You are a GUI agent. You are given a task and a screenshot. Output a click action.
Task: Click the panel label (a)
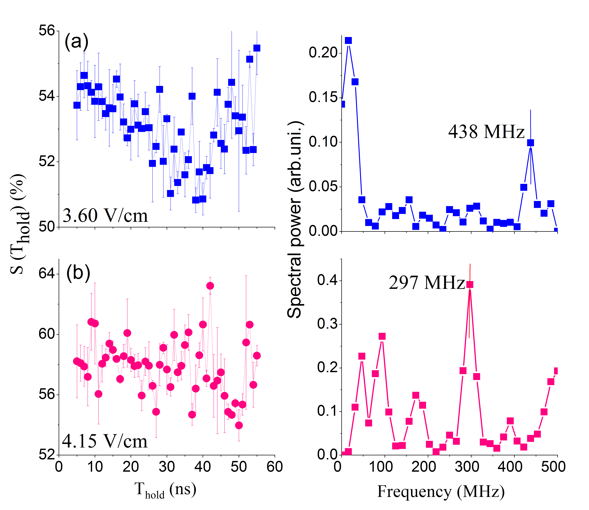(76, 42)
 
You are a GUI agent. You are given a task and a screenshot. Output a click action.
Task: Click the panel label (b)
(78, 273)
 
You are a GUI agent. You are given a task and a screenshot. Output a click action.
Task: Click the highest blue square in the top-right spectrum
(348, 41)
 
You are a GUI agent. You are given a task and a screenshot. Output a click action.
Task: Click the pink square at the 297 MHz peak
(470, 284)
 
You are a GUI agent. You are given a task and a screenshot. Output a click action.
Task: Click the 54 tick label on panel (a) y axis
(46, 96)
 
